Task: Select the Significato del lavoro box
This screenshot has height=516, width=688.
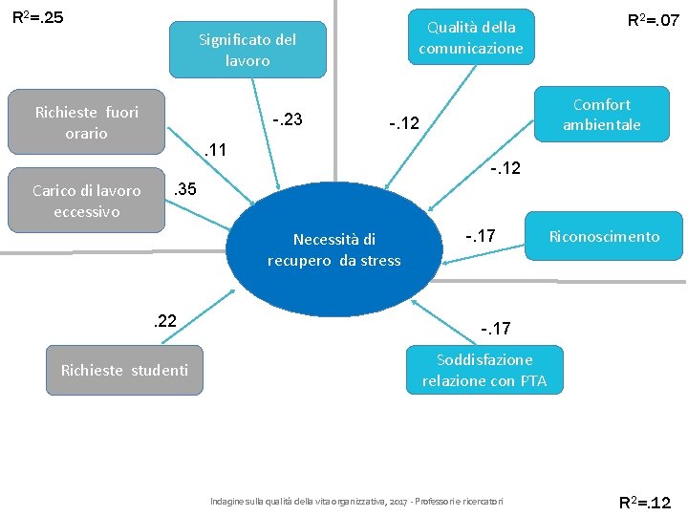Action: pos(247,50)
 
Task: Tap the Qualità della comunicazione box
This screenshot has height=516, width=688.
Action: pos(470,37)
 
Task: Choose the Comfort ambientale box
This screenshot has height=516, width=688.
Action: pos(601,115)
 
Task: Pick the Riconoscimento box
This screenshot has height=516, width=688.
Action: pos(604,237)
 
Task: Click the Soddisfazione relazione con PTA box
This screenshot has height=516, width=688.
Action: pos(484,371)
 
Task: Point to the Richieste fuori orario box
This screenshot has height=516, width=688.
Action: pos(86,122)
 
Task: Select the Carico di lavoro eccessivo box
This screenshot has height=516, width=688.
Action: pos(86,201)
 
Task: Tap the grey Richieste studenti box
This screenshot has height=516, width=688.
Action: pos(124,371)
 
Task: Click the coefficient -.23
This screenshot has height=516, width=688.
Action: pos(288,119)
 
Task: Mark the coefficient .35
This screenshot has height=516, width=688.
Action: pos(183,189)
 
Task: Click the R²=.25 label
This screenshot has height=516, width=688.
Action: pos(37,17)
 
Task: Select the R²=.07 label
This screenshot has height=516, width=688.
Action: pos(653,19)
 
